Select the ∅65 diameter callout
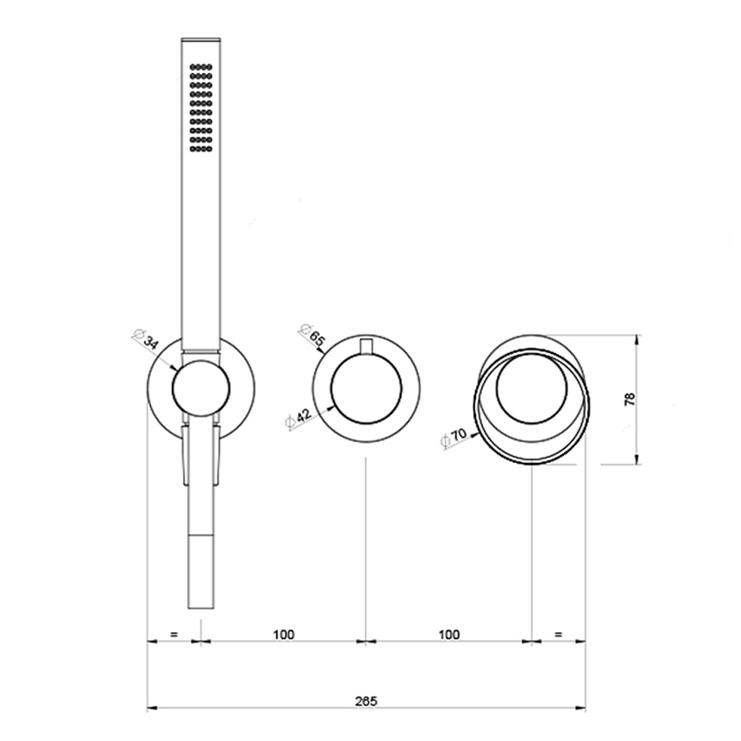pos(313,336)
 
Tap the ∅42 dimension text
pos(299,418)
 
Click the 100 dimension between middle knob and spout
pos(448,635)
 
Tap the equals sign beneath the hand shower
pos(174,635)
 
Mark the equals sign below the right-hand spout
pos(558,635)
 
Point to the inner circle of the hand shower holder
pos(200,386)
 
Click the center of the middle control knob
pos(365,390)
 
